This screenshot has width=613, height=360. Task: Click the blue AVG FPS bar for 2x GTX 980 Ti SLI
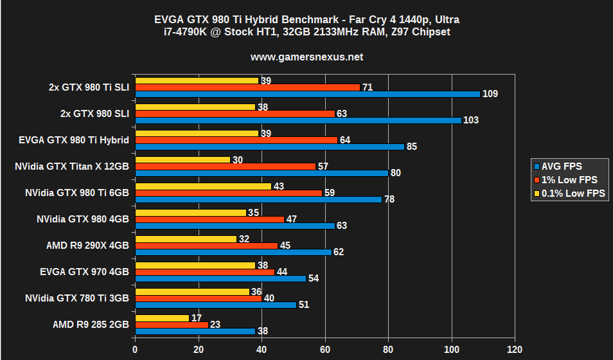307,94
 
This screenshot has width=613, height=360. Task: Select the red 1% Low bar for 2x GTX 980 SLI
235,114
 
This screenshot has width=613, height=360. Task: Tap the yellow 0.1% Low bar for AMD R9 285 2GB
162,318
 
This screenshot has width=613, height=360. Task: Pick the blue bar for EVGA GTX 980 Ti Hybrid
269,147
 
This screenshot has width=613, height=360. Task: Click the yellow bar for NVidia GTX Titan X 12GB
182,159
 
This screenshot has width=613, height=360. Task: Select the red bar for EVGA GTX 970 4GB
204,272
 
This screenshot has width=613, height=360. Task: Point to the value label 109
490,94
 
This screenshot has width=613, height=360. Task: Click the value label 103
471,120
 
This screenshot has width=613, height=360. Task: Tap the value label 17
197,318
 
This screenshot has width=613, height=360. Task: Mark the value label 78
389,199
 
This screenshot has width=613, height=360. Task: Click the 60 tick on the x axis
325,350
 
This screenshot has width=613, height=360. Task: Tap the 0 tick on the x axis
135,350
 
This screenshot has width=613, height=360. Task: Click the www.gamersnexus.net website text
306,57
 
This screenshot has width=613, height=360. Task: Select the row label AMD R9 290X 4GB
87,246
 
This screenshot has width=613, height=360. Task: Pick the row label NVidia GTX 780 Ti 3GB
76,298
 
